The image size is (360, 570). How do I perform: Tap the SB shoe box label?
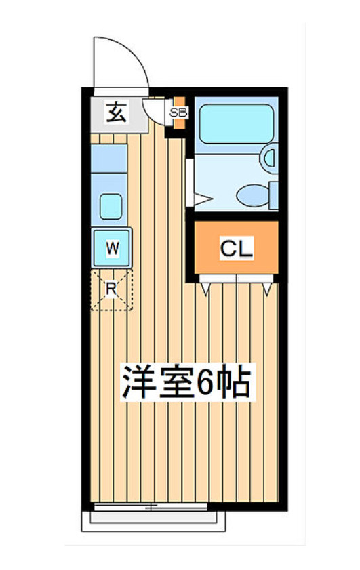point(178,113)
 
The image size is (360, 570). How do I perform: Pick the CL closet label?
point(236,249)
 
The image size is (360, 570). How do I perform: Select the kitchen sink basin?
point(111,206)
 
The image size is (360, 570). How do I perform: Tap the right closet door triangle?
point(268,289)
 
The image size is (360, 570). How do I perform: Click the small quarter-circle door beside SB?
point(157,111)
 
